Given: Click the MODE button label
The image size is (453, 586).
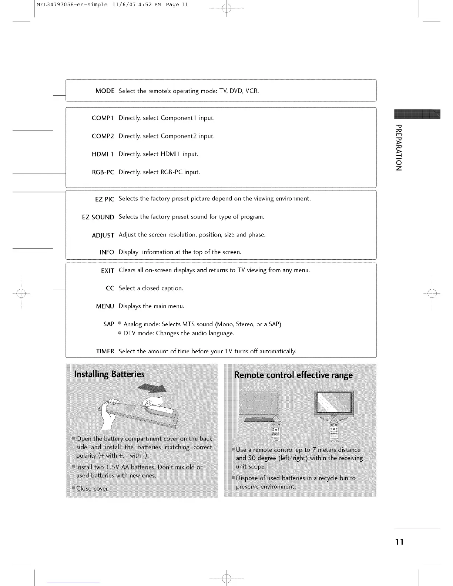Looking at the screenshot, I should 105,91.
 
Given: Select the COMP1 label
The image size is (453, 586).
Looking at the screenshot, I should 103,118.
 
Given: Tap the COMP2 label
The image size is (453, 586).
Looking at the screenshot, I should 103,136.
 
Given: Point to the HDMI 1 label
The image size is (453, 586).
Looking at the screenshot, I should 103,154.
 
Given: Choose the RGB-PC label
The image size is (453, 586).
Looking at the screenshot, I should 103,172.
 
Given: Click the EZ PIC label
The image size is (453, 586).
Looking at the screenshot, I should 104,199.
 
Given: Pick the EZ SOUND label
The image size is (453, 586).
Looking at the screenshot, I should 98,217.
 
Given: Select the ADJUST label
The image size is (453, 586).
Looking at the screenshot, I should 103,235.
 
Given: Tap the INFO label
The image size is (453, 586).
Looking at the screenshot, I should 107,252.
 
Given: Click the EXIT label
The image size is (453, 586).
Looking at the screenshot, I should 107,271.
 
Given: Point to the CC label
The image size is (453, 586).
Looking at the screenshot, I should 110,288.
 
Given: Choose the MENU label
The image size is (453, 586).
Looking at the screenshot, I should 105,306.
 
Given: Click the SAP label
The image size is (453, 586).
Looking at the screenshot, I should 109,324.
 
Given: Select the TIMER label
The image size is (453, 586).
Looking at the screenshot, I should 105,351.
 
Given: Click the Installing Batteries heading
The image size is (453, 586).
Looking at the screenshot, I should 110,374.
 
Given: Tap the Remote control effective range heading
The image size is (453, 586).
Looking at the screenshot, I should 293,375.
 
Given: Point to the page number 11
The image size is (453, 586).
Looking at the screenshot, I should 399,542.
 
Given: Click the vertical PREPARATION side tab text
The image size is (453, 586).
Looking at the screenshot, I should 399,148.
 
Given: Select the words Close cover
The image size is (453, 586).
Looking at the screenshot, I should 92,489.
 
